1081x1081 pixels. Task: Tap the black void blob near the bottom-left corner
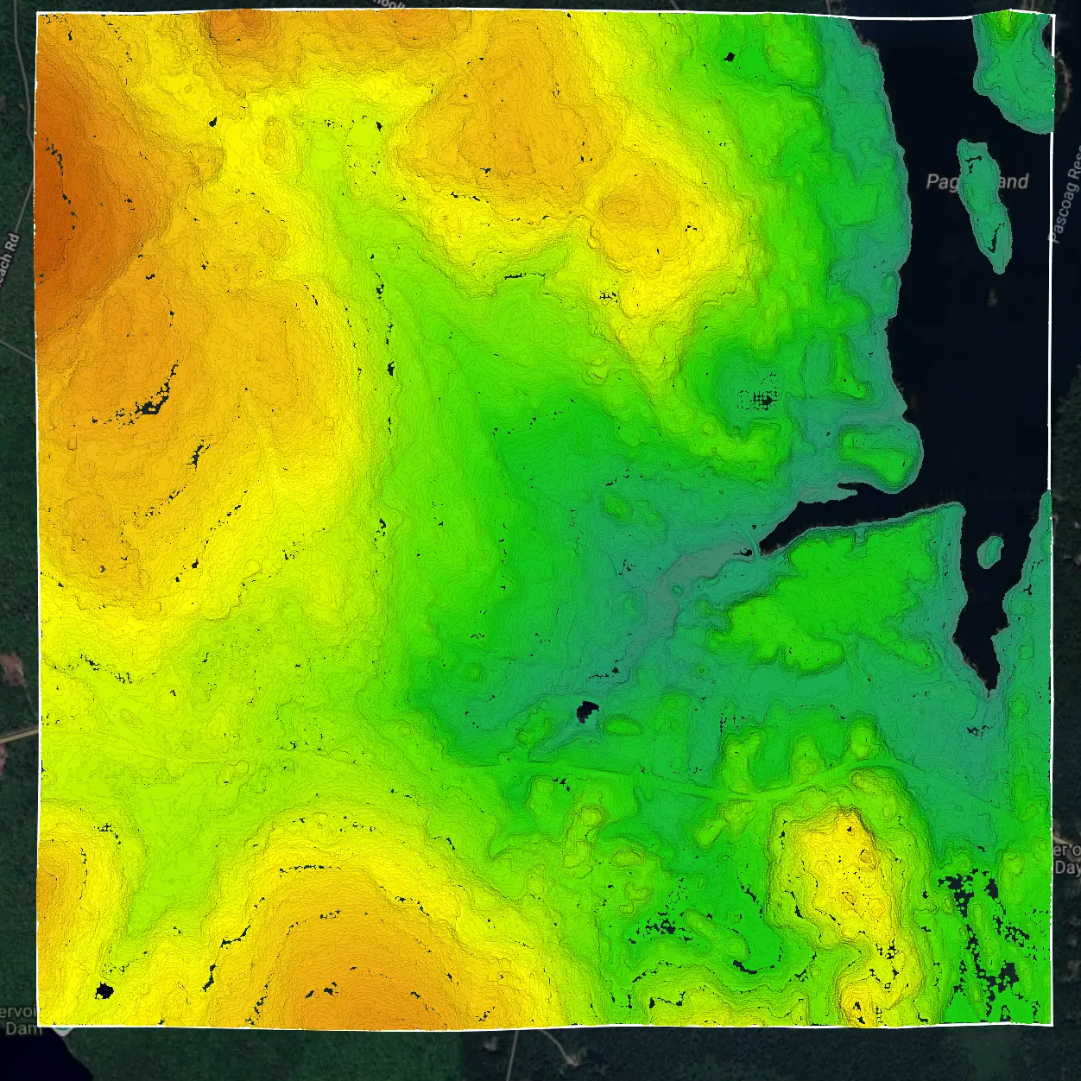click(x=104, y=989)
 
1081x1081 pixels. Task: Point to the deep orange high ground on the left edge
click(x=60, y=216)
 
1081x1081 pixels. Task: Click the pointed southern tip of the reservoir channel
click(x=993, y=686)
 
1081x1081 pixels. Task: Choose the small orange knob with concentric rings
click(x=623, y=208)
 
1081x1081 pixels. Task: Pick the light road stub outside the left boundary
click(x=17, y=735)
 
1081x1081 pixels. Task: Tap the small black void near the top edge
click(x=730, y=58)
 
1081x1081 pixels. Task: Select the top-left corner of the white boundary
click(x=38, y=14)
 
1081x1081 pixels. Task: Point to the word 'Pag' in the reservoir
click(x=941, y=182)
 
